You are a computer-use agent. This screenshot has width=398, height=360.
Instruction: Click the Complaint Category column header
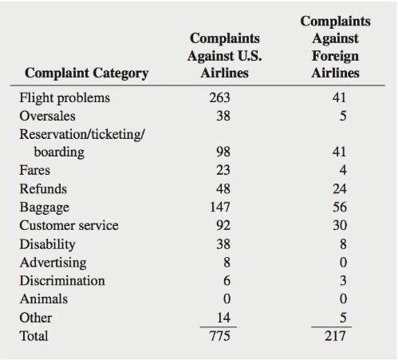(87, 73)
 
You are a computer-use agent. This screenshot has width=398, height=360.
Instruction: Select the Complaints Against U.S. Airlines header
(224, 55)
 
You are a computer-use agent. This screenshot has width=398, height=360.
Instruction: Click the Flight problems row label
(65, 98)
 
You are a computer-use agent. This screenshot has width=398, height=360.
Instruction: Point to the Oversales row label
(47, 117)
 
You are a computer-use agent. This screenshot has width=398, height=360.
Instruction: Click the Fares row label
(34, 171)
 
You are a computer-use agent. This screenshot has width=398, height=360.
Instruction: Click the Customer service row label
(69, 226)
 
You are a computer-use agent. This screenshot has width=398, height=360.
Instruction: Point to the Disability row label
(47, 244)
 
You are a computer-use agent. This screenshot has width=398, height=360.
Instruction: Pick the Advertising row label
(53, 263)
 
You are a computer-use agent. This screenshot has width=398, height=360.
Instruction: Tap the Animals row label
(43, 299)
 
